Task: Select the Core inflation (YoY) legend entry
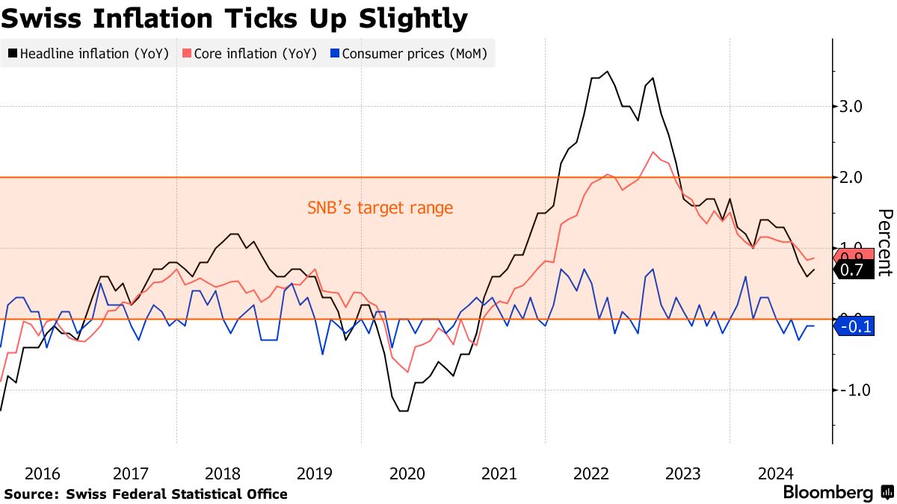(x=250, y=54)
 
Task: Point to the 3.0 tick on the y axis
(x=851, y=107)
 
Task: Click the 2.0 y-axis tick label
(x=851, y=178)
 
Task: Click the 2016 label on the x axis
(x=43, y=473)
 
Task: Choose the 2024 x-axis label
(x=775, y=473)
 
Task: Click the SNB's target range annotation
(x=380, y=208)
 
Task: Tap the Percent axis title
(x=884, y=243)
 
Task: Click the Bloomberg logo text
(x=827, y=493)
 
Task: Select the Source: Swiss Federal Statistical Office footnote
(x=146, y=494)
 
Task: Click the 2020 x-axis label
(x=408, y=473)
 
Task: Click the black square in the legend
(x=13, y=54)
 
